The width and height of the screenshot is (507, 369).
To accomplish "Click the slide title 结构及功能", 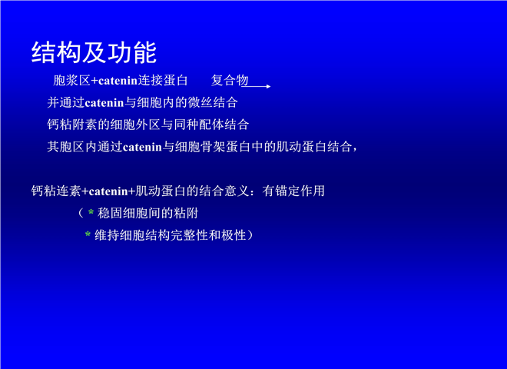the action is pyautogui.click(x=94, y=52).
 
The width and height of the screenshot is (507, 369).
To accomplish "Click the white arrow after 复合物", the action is pyautogui.click(x=256, y=86).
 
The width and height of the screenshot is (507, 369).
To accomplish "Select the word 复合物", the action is pyautogui.click(x=230, y=80).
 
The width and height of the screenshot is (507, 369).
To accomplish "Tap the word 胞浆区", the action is pyautogui.click(x=71, y=80).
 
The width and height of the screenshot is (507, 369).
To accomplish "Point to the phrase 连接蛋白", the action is pyautogui.click(x=163, y=80).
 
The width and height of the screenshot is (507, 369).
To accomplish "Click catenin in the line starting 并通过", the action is pyautogui.click(x=104, y=103).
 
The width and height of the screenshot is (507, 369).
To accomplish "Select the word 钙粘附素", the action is pyautogui.click(x=72, y=125).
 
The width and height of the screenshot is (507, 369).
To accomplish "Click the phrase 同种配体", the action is pyautogui.click(x=198, y=125).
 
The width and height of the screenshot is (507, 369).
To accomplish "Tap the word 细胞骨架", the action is pyautogui.click(x=200, y=147).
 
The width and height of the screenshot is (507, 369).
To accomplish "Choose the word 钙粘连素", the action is pyautogui.click(x=56, y=191).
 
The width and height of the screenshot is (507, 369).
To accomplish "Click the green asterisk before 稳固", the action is pyautogui.click(x=91, y=212).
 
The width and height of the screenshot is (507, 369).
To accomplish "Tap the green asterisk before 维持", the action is pyautogui.click(x=88, y=234).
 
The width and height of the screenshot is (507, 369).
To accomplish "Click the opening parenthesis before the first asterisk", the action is pyautogui.click(x=81, y=213).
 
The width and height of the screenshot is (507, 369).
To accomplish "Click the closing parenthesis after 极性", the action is pyautogui.click(x=250, y=235).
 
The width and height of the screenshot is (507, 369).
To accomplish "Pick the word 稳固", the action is pyautogui.click(x=110, y=213).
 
